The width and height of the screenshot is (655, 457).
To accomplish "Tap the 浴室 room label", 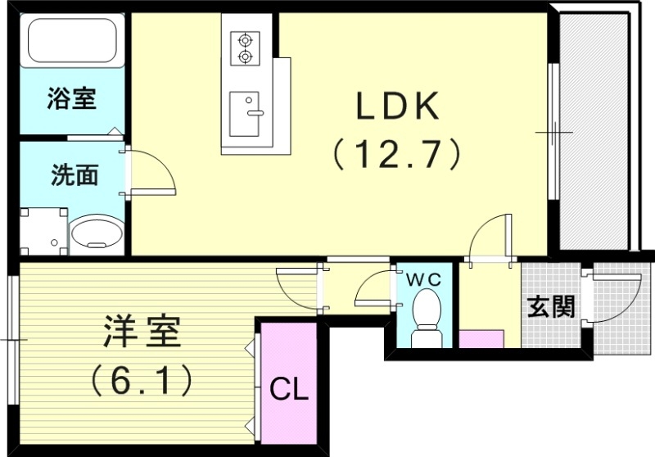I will pos(71,100).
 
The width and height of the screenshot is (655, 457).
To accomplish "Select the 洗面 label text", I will pos(75,175).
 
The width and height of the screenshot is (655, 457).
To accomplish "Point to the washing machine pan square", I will pos(42,230).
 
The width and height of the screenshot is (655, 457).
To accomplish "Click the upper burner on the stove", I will pos(243,38).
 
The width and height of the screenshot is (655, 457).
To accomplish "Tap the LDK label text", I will pos(398,107).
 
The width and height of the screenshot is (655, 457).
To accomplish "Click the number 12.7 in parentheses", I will pos(399,152).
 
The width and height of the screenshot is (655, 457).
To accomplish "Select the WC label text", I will pos(424,279).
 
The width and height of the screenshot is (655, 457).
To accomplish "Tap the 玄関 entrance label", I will pos(550,307).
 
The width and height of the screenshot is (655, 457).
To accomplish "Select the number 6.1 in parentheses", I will pos(141,378).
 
